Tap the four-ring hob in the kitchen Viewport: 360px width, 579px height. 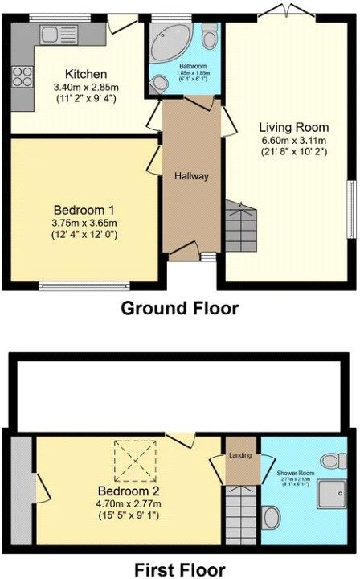point(22,79)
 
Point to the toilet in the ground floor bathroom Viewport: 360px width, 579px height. point(210,39)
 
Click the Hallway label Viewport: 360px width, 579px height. point(193,176)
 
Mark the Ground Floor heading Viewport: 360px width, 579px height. point(179,307)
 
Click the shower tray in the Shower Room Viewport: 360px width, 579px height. point(334,499)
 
